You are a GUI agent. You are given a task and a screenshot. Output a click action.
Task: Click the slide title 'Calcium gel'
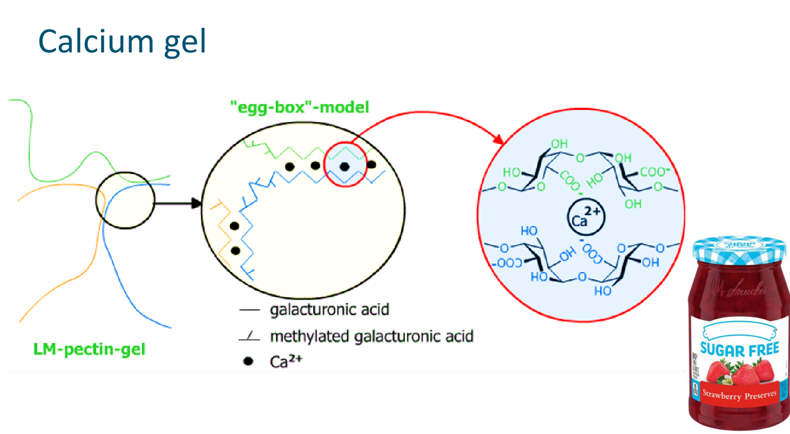122,41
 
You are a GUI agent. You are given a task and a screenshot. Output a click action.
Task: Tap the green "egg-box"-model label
299,107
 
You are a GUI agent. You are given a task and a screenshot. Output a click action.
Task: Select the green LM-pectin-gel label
89,349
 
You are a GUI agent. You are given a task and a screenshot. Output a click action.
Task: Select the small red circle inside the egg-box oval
345,164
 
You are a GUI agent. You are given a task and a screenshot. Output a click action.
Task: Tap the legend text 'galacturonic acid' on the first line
330,309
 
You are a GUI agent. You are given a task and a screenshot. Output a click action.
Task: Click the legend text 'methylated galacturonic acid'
372,336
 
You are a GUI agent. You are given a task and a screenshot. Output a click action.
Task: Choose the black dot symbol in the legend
248,361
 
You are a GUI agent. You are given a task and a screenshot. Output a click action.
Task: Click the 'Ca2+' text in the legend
286,361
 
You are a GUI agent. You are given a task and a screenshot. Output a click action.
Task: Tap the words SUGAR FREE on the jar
740,349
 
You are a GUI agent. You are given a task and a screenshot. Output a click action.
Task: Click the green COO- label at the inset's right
655,172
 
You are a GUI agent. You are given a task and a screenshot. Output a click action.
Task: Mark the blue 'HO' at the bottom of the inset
603,291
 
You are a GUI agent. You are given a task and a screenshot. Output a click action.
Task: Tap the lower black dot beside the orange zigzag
235,251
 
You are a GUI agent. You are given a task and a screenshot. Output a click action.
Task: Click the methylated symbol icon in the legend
249,337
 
